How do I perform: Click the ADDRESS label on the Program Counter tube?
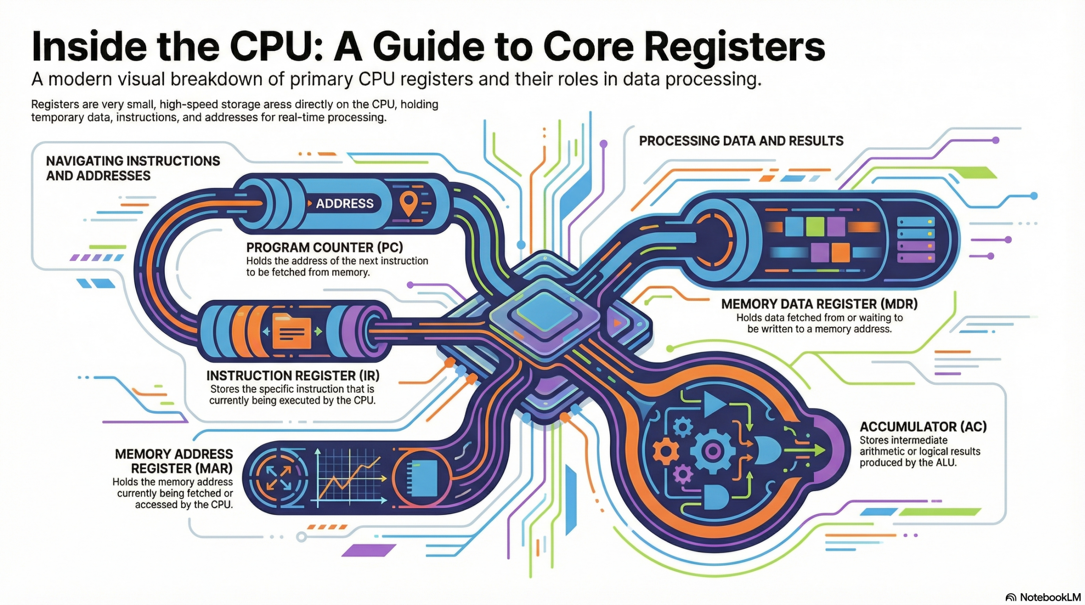tap(344, 204)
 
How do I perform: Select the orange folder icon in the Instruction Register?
tap(291, 332)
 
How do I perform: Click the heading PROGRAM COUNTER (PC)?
tap(324, 247)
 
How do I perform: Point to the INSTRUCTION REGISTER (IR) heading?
tap(293, 376)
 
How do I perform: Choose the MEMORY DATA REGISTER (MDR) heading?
tap(819, 304)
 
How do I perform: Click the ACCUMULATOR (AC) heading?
tap(923, 427)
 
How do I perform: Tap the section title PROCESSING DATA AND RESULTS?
tap(741, 141)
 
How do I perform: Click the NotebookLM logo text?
tap(1050, 597)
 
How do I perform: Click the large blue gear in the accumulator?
tap(712, 451)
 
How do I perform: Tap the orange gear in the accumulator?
tap(665, 451)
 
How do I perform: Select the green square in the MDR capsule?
tap(815, 227)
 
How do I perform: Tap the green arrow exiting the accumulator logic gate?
tap(810, 450)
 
